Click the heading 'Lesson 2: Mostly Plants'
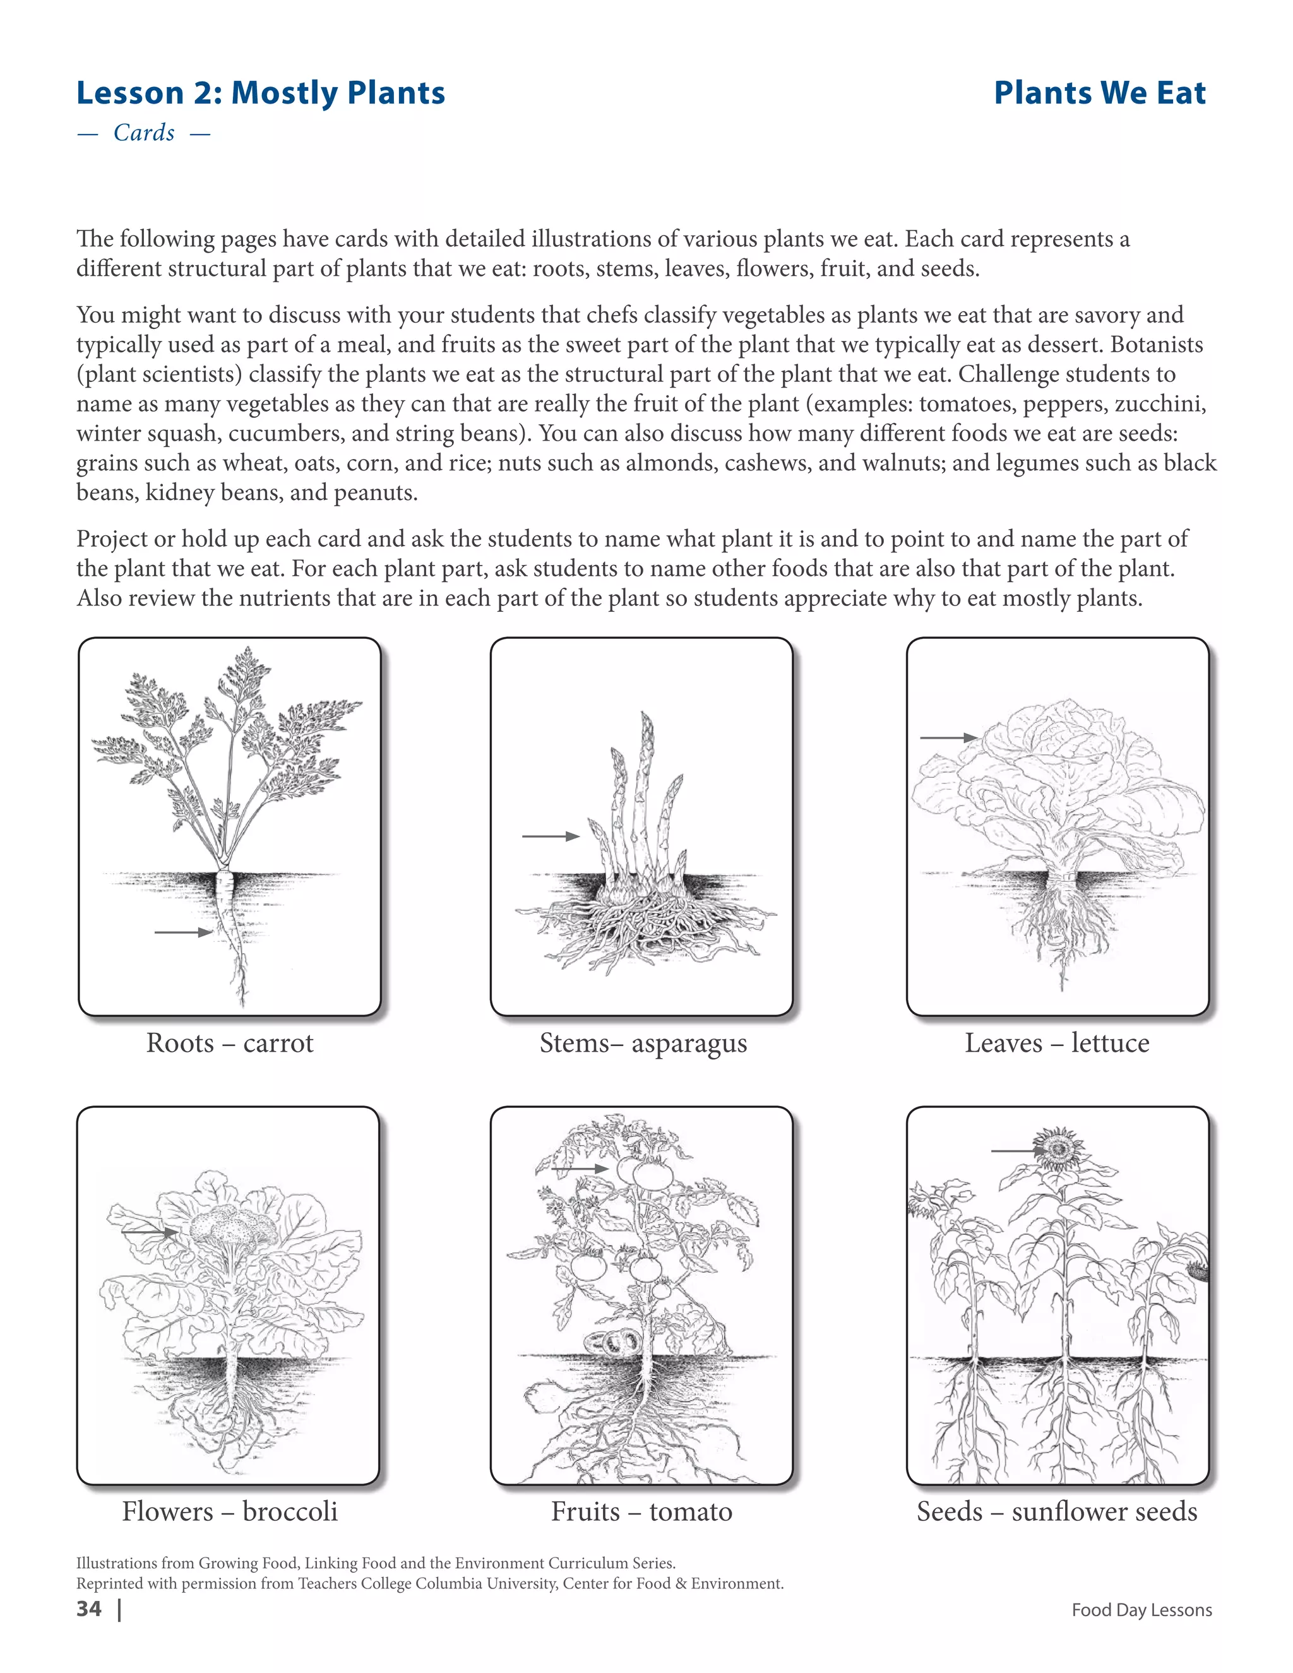[x=261, y=93]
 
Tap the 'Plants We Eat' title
[x=1099, y=93]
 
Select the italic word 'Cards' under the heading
[x=144, y=133]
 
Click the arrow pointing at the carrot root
[x=183, y=932]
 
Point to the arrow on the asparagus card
[x=550, y=836]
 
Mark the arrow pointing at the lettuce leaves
[x=948, y=737]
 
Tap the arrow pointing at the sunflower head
[x=1017, y=1150]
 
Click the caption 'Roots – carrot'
[x=230, y=1044]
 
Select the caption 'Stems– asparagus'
[x=643, y=1044]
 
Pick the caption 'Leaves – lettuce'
[x=1056, y=1044]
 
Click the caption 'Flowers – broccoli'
[x=230, y=1511]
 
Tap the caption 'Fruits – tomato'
[x=642, y=1511]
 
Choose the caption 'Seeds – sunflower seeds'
[x=1056, y=1511]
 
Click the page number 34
[x=89, y=1609]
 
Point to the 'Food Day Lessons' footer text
[x=1141, y=1610]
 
